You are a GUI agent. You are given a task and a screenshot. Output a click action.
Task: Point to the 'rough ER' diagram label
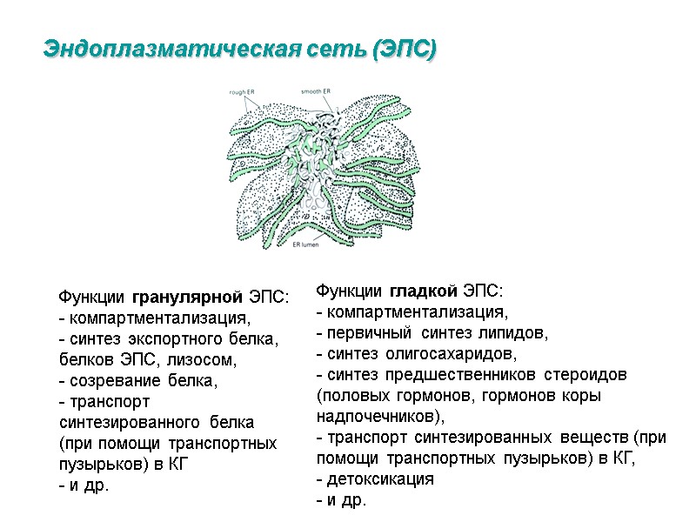coord(242,90)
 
